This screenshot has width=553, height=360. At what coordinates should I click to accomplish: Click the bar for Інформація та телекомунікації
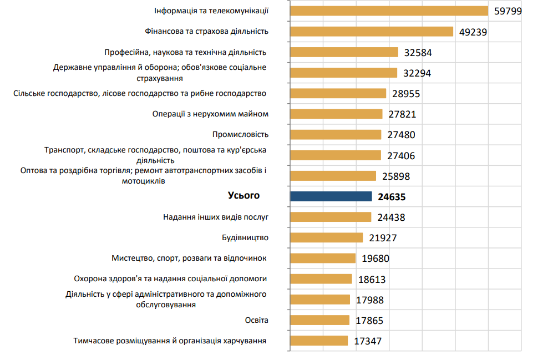(388, 11)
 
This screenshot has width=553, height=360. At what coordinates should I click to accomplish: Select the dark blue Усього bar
(331, 196)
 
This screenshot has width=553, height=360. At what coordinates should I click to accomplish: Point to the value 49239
(473, 32)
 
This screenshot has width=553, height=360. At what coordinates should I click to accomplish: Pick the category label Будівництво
(245, 237)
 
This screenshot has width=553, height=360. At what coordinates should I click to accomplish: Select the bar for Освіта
(319, 320)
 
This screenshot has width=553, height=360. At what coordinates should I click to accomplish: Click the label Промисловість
(240, 134)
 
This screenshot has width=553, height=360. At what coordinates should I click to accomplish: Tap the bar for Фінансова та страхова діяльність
(371, 32)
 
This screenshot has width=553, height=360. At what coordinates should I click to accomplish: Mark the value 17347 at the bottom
(368, 341)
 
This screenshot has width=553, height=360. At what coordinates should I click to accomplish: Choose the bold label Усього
(243, 195)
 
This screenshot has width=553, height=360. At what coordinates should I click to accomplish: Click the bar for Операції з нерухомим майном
(336, 114)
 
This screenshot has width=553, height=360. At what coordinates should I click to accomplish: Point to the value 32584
(418, 53)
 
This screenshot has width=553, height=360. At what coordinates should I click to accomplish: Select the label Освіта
(256, 320)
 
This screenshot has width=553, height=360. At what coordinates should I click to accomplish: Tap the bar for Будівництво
(326, 237)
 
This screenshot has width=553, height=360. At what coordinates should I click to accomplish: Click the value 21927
(383, 238)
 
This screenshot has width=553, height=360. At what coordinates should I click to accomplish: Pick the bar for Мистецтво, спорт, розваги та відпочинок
(322, 258)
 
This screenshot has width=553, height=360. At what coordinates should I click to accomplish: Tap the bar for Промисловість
(336, 134)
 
